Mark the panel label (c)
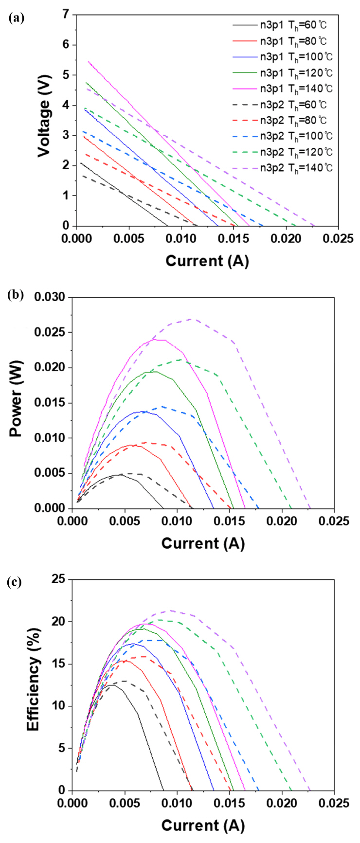(x=16, y=582)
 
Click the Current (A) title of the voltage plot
(x=207, y=261)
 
